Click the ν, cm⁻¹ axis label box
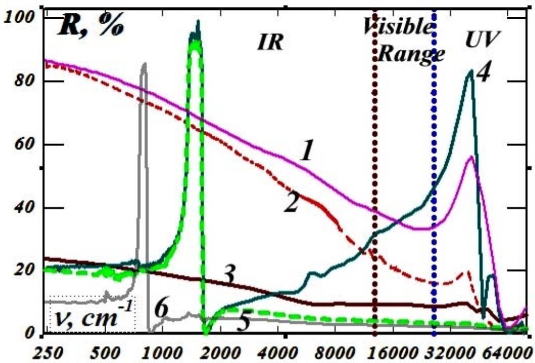[x=92, y=314]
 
